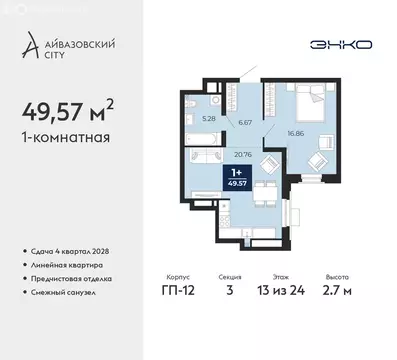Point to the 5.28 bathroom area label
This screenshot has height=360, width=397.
[209, 118]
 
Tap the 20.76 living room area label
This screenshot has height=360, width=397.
[240, 154]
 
